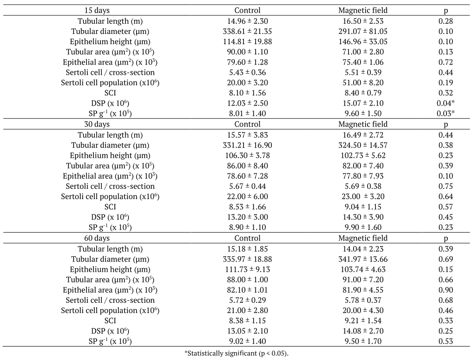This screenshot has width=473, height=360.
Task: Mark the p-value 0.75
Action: pyautogui.click(x=446, y=186)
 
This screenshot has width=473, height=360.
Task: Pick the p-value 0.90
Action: pyautogui.click(x=446, y=290)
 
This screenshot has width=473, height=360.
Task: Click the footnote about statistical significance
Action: pyautogui.click(x=236, y=353)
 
